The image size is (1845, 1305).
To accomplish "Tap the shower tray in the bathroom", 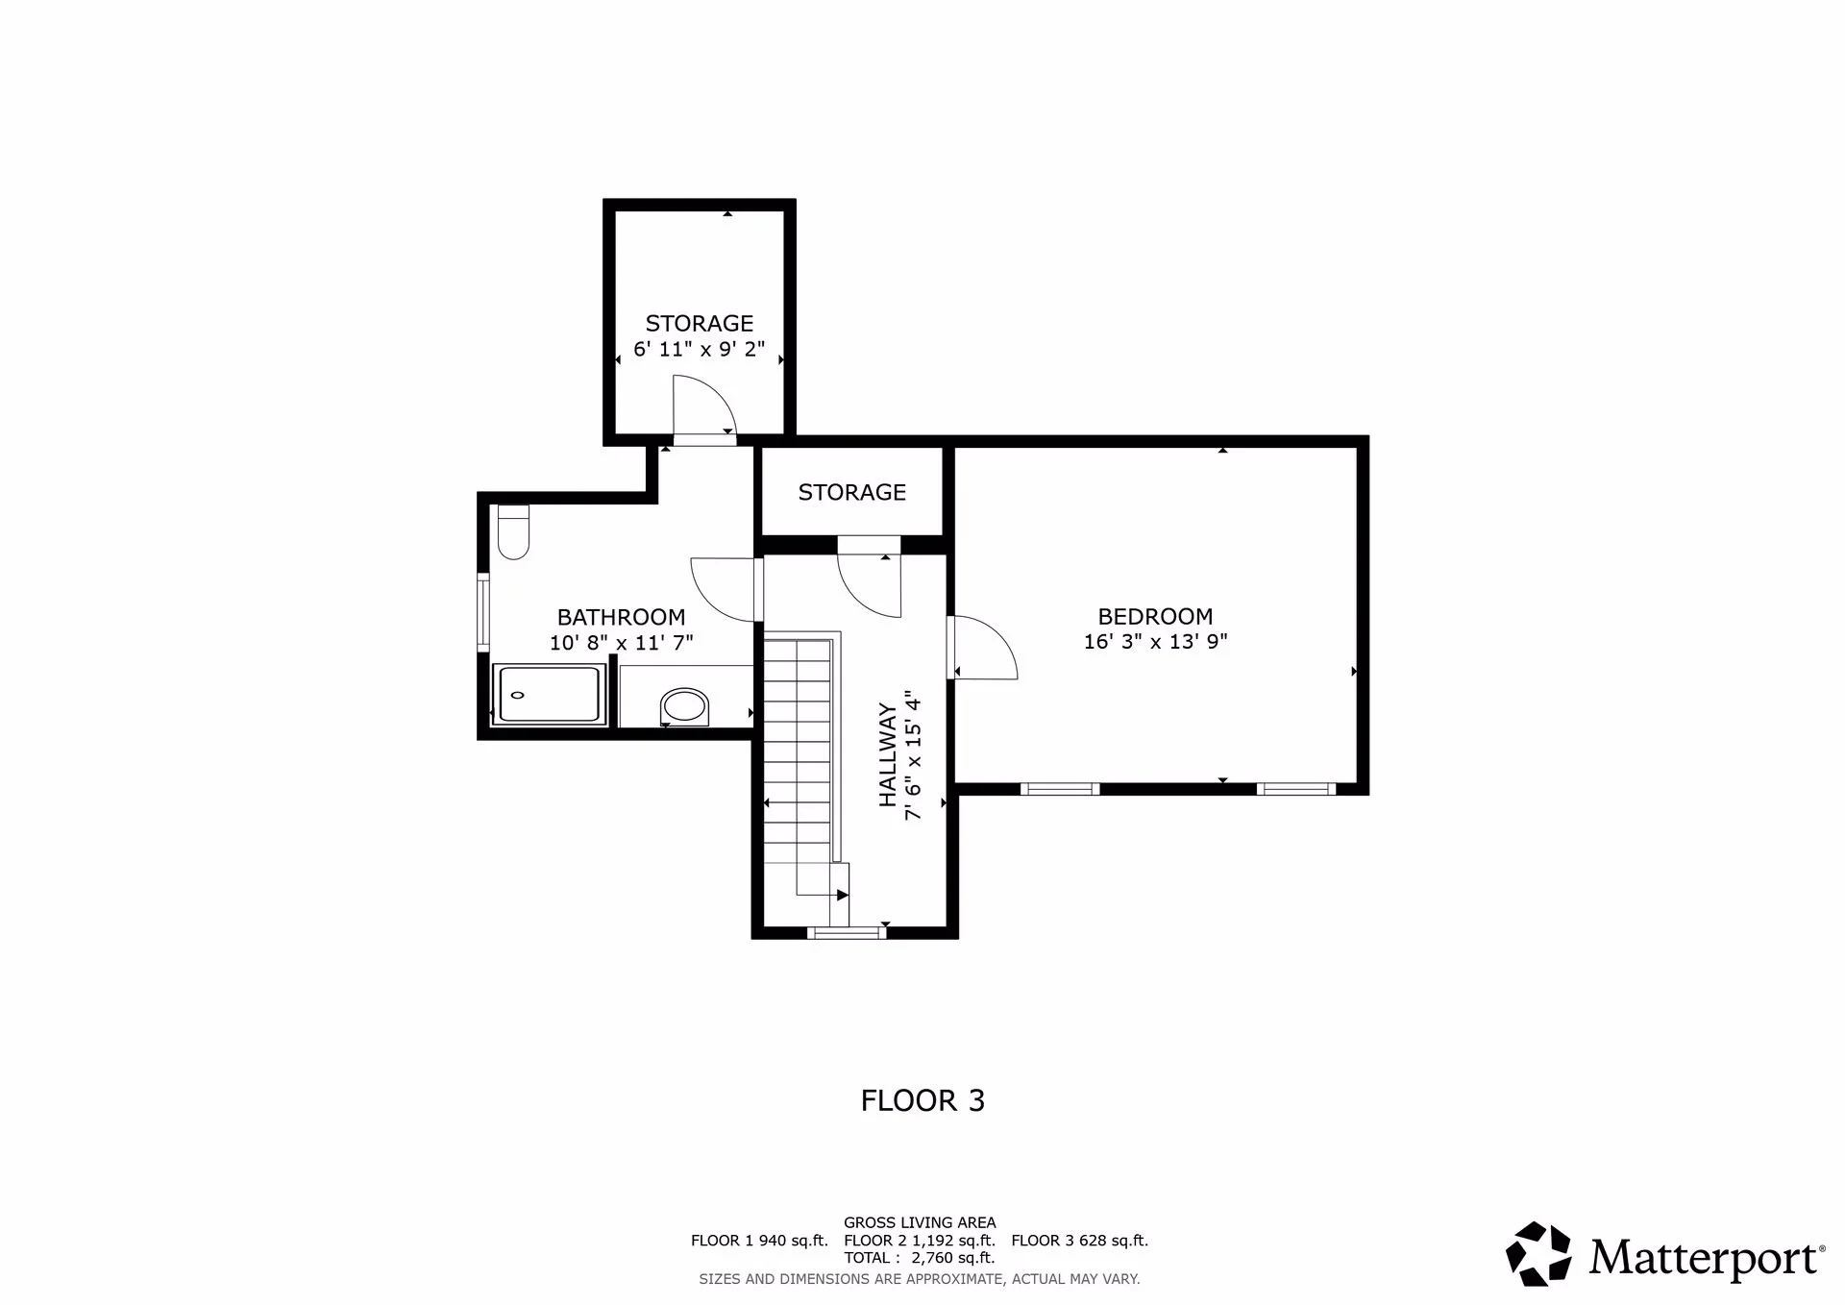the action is click(550, 693).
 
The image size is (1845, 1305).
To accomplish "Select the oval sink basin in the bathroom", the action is click(685, 706).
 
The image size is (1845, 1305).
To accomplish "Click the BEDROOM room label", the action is click(1155, 616).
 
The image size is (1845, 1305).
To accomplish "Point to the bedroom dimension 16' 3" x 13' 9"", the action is click(1155, 641).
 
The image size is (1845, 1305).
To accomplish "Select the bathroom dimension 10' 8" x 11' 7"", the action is click(621, 642).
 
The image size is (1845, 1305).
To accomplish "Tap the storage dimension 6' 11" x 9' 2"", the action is click(699, 348).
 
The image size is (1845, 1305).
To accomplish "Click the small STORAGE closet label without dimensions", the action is click(851, 492).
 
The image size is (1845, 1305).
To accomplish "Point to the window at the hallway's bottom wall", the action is click(846, 931).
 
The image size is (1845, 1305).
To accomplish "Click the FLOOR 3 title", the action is click(922, 1100).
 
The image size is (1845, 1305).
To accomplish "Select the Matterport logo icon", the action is click(1538, 1253).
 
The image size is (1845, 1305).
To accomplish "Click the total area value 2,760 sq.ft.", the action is click(952, 1258).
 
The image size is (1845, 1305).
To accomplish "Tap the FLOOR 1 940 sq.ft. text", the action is click(759, 1241).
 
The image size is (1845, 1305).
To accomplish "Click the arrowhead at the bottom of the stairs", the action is click(843, 895).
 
